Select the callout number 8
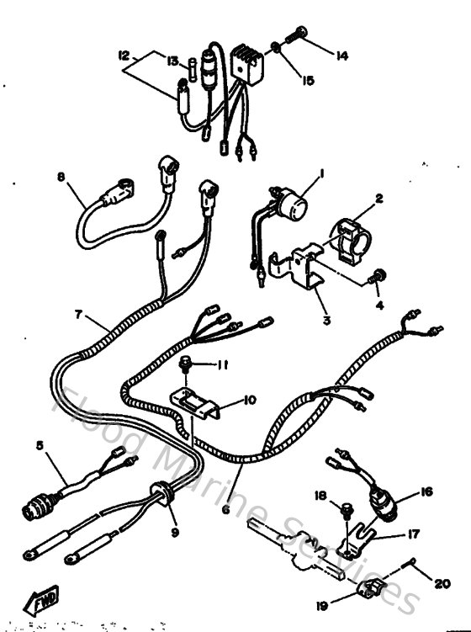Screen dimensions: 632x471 (x=60, y=178)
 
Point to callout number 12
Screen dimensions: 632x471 (x=124, y=56)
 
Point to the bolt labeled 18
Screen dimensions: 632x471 (x=344, y=509)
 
